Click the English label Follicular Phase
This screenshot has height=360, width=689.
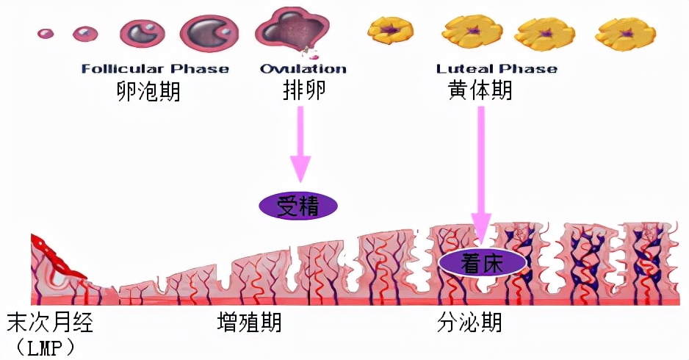tap(155, 69)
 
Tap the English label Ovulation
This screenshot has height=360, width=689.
tap(303, 69)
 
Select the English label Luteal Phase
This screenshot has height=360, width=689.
tap(497, 69)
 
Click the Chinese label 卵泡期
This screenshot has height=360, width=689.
tap(148, 92)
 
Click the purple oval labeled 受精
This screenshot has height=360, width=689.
tap(297, 206)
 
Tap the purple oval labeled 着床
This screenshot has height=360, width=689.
tap(482, 263)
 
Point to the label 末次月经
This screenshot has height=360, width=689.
tap(51, 323)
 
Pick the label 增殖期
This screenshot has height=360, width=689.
tap(250, 323)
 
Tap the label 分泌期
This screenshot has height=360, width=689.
tap(470, 323)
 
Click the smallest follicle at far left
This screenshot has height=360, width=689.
tap(46, 34)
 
